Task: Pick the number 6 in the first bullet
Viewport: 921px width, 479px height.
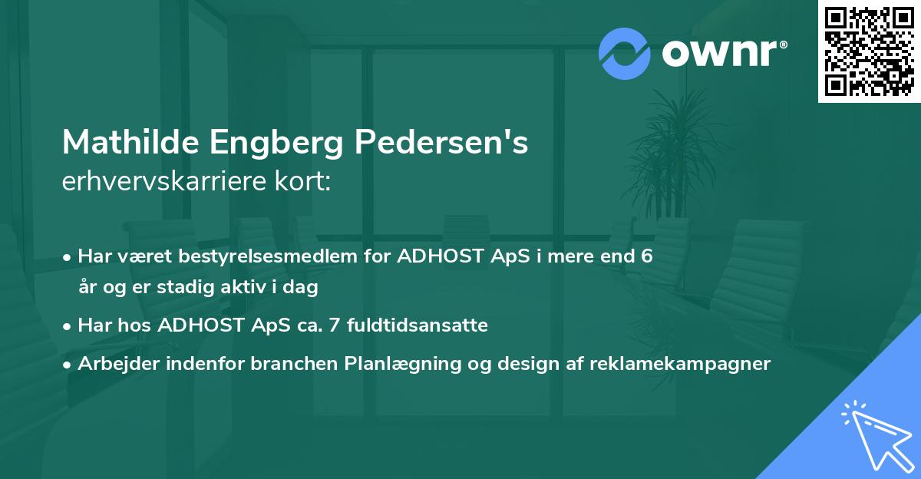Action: (647, 256)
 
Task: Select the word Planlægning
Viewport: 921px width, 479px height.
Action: (402, 364)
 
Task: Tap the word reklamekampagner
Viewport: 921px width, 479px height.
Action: (680, 364)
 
